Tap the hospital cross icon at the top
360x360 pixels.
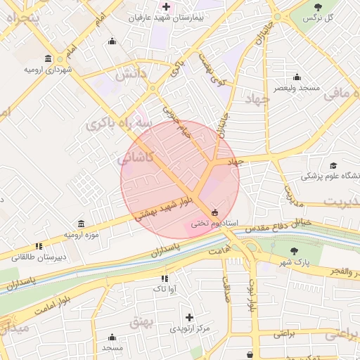click(x=166, y=6)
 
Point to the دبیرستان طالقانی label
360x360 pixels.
click(x=43, y=257)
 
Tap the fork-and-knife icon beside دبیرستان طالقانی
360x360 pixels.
click(x=39, y=246)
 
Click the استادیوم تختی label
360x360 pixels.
click(x=214, y=223)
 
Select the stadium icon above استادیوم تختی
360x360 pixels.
click(x=214, y=213)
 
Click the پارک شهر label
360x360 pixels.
click(x=293, y=262)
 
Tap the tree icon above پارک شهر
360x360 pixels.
click(x=294, y=251)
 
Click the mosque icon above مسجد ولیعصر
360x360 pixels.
click(x=297, y=77)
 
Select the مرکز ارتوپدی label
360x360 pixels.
click(x=190, y=329)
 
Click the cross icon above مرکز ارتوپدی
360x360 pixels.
click(x=189, y=318)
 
